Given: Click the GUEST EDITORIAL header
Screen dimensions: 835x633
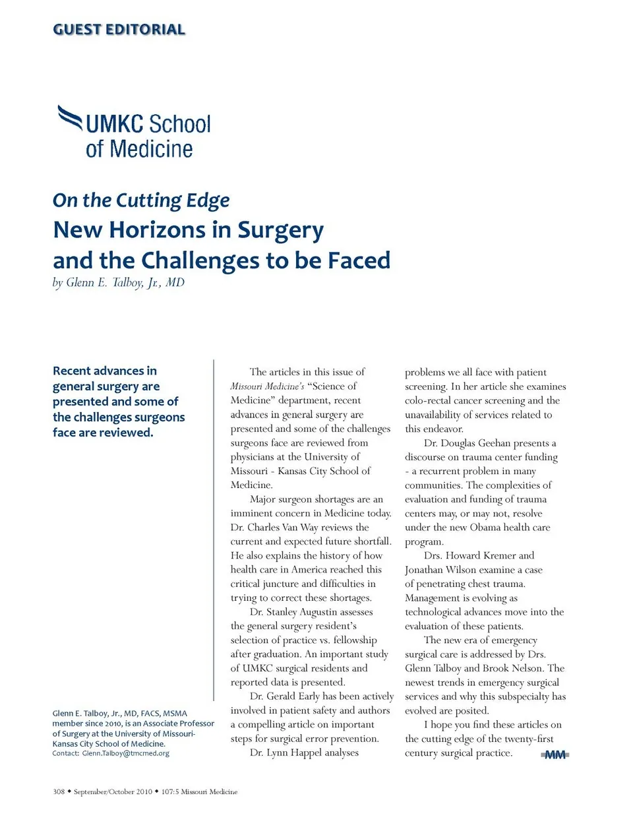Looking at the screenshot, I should pos(119,30).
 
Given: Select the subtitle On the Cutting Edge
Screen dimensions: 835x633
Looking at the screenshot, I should pos(141,201).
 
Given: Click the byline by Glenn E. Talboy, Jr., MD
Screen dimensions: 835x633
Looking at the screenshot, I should pos(119,283).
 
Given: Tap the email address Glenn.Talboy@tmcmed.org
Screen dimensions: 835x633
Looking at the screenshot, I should pos(125,753).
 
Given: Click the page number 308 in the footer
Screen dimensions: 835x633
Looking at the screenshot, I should pos(59,791).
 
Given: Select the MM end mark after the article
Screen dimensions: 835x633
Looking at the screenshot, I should pos(555,755).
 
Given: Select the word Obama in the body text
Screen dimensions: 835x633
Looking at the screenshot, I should pos(485,528).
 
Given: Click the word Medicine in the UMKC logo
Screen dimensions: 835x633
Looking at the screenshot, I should pos(151,149).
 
